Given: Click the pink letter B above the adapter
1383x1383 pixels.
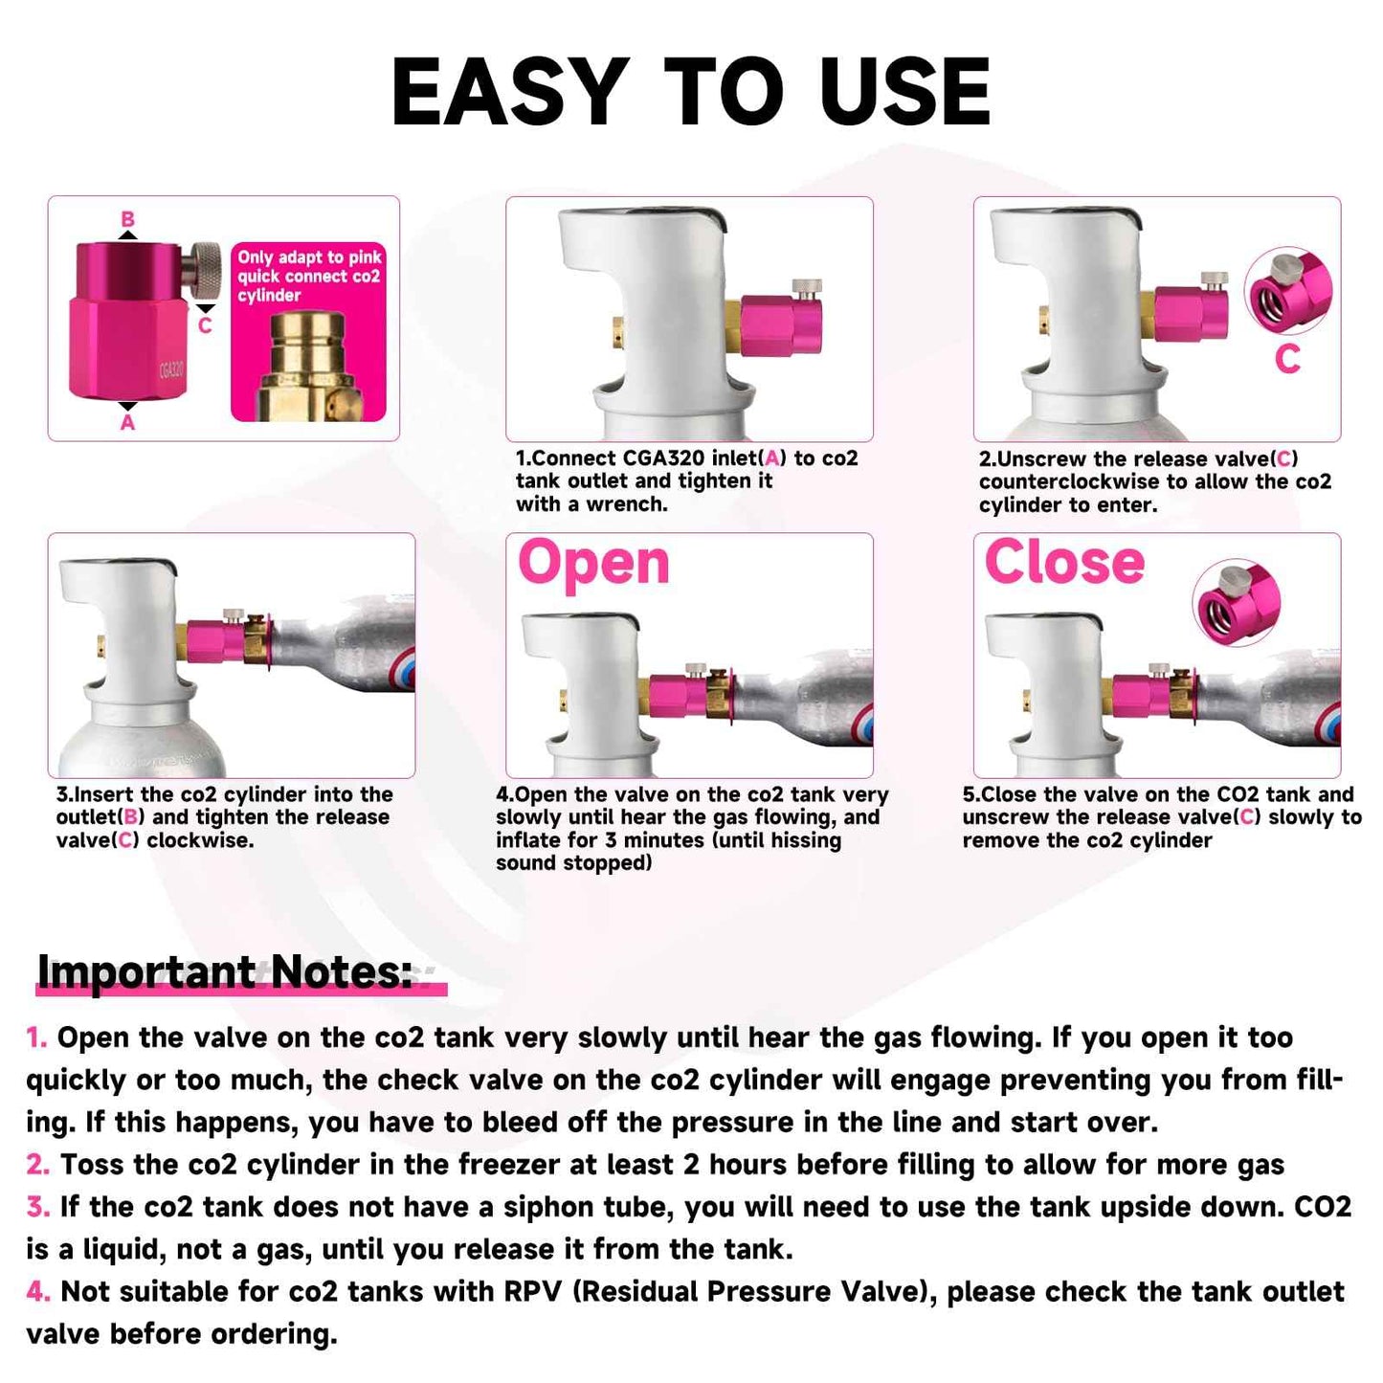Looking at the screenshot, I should (x=127, y=219).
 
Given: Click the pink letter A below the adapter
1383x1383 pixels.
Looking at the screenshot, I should (x=127, y=422).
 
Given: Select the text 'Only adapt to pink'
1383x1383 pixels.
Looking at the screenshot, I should (x=309, y=257).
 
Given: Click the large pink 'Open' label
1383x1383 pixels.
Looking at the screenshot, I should (x=593, y=565).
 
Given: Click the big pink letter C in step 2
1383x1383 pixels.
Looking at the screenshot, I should (x=1287, y=359).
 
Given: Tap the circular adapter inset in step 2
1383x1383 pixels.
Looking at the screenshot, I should (x=1288, y=291).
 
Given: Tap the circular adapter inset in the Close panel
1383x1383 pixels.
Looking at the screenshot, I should (x=1237, y=603).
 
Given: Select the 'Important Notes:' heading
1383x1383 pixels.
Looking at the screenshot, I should (x=225, y=972).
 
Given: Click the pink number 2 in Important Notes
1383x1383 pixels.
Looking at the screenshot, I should (x=37, y=1165).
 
